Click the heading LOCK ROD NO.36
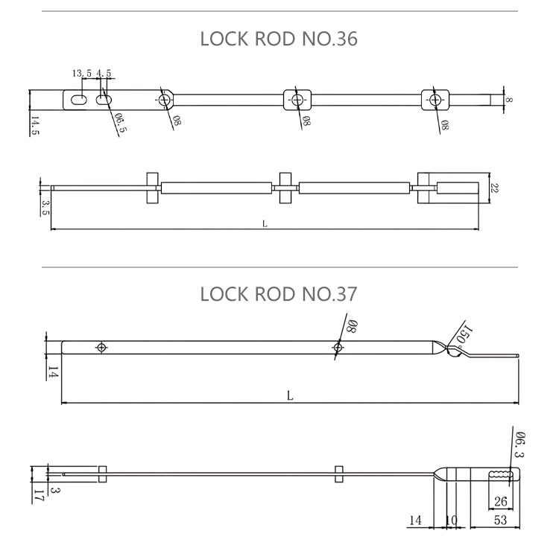279,39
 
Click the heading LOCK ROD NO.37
279,294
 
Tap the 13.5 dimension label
81,74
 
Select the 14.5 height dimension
35,125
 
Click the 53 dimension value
500,521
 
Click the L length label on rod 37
290,396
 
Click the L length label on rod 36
265,223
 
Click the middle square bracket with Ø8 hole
297,100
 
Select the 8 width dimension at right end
509,99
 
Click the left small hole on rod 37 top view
101,347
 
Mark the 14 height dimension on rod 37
53,372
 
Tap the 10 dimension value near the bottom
451,521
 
